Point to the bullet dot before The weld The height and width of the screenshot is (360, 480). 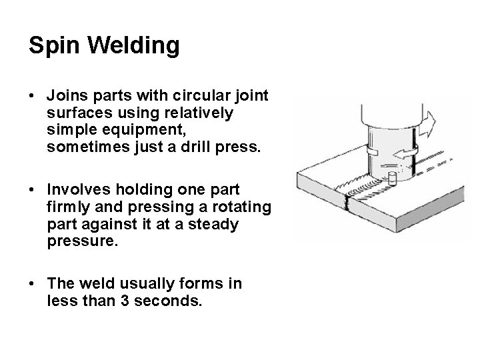click(x=33, y=284)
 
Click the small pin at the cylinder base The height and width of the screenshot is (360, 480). click(x=392, y=179)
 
